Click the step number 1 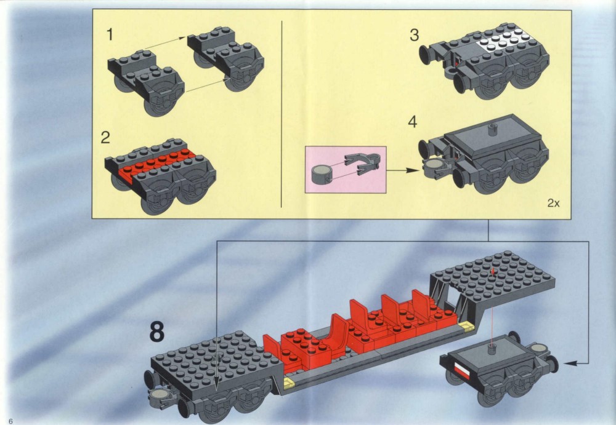110,34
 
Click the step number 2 105,138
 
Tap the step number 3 414,35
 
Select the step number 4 412,122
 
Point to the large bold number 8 156,332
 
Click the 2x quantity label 554,204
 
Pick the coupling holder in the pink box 363,163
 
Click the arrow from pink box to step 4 403,171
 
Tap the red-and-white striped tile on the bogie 461,370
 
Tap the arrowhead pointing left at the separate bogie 570,363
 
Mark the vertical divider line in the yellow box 282,114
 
